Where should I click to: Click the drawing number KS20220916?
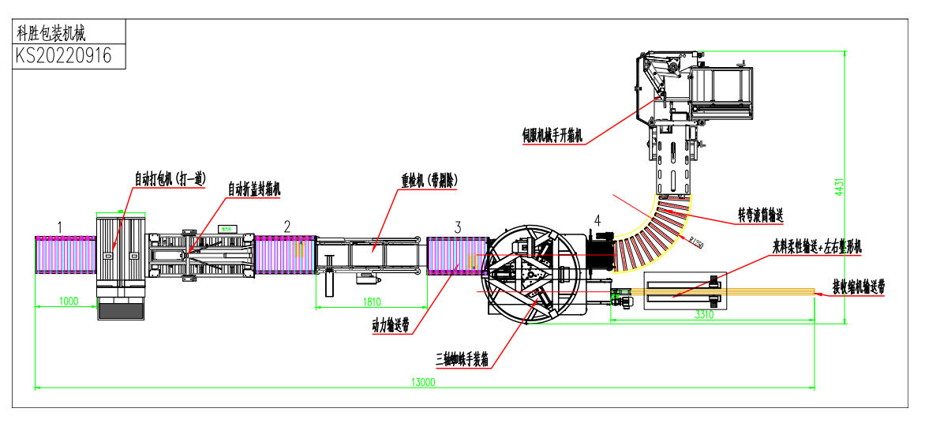point(64,56)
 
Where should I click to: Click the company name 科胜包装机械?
point(51,32)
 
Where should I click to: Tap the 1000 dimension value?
point(69,301)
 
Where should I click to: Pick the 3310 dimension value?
point(705,315)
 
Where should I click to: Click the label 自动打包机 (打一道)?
point(170,180)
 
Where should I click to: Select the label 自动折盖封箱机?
point(254,189)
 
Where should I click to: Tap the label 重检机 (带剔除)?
point(429,181)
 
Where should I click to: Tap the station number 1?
point(59,227)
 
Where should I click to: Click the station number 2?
point(286,227)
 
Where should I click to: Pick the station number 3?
point(458,227)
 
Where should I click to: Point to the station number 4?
point(597,220)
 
